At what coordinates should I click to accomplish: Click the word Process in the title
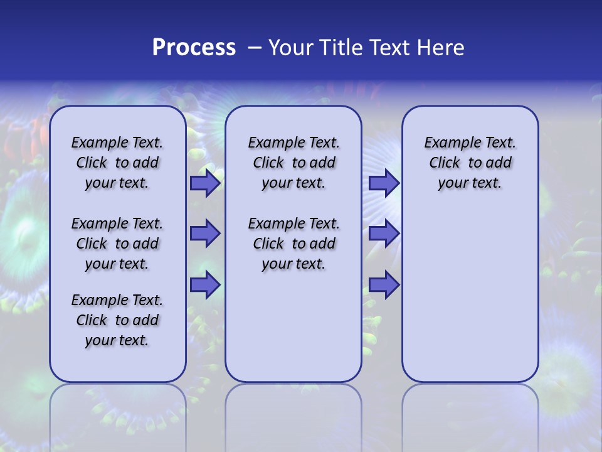[x=194, y=48]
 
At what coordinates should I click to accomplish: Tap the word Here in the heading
[x=439, y=48]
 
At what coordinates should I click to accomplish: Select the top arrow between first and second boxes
[x=205, y=183]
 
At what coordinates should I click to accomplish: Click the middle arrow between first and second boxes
[x=205, y=234]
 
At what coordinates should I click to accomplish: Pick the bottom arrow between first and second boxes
[x=205, y=285]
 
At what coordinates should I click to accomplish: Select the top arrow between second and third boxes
[x=384, y=183]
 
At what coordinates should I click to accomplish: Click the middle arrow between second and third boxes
[x=384, y=234]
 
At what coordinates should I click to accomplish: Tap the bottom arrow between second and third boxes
[x=384, y=285]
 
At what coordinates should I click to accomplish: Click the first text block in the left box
[x=117, y=163]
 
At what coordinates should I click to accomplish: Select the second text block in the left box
[x=117, y=244]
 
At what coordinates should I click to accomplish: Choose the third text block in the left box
[x=117, y=320]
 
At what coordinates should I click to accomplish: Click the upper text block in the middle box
[x=293, y=163]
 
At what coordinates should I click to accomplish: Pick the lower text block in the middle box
[x=293, y=244]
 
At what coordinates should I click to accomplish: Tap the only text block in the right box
[x=470, y=163]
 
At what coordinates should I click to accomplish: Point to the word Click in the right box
[x=445, y=163]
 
